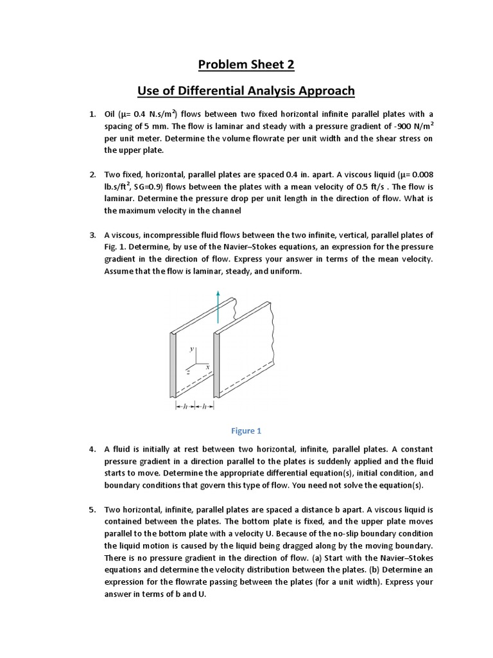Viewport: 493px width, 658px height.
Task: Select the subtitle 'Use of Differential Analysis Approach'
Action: pyautogui.click(x=246, y=91)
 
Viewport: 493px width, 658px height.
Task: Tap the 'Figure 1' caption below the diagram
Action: pyautogui.click(x=246, y=431)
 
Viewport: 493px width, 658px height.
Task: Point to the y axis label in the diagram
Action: pyautogui.click(x=191, y=350)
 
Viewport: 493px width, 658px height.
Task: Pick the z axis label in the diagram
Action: pyautogui.click(x=187, y=371)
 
